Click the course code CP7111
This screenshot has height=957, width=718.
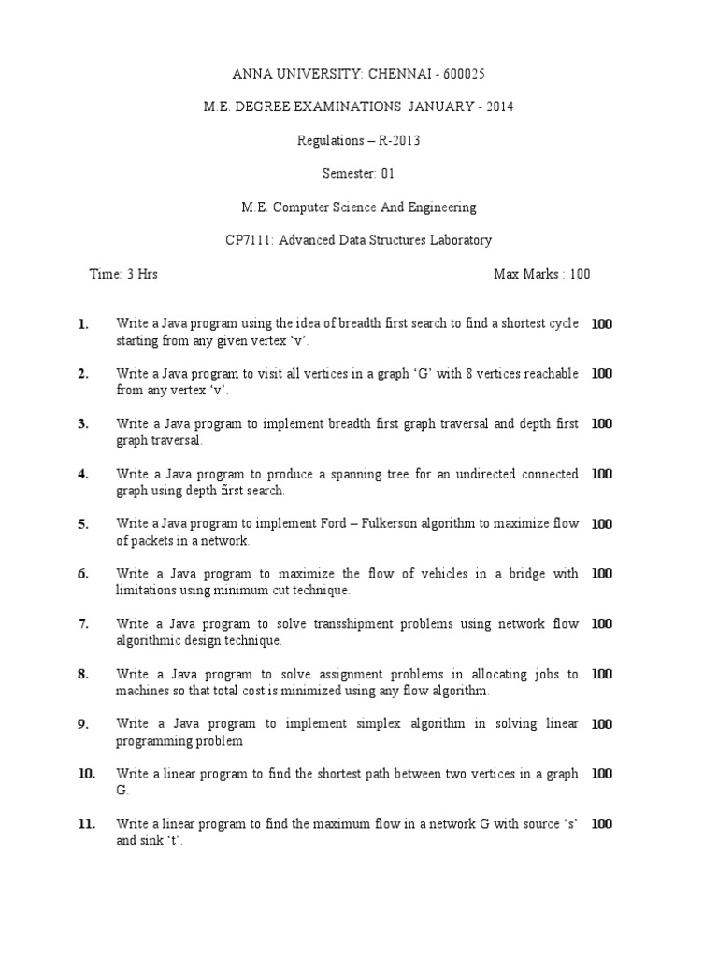pos(247,240)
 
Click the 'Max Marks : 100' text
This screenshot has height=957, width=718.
pos(541,274)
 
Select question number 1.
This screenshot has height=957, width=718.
pos(84,324)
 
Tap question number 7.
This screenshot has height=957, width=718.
pos(84,623)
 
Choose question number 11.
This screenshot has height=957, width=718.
pos(87,823)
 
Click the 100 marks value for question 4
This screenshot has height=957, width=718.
pos(602,474)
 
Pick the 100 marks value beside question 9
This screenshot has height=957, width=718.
pos(602,723)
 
